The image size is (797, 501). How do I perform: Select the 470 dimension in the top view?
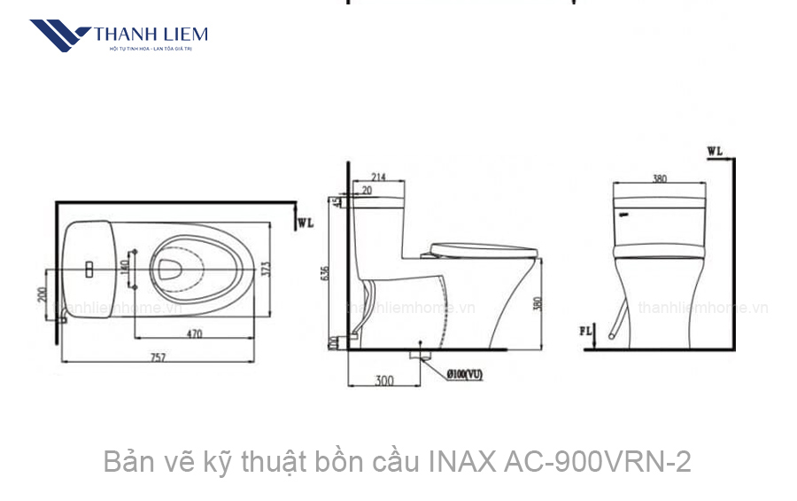coord(195,334)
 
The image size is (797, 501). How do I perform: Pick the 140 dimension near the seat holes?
coord(124,263)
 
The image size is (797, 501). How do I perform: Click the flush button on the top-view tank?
coord(89,266)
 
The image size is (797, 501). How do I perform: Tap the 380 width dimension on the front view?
coord(660,178)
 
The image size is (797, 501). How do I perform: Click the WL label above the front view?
coord(715,151)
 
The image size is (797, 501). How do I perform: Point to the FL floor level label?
coord(586,332)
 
